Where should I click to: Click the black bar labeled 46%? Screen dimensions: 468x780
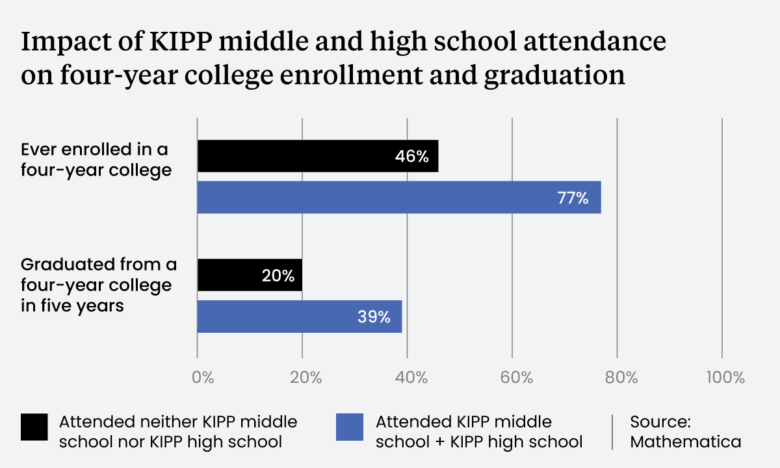click(317, 156)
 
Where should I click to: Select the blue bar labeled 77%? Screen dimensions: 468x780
click(398, 198)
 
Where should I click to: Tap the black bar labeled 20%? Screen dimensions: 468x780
click(250, 276)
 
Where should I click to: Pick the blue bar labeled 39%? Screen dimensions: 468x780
click(299, 317)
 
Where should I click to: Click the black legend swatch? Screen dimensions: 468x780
click(34, 427)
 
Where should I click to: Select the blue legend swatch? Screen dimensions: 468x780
click(350, 427)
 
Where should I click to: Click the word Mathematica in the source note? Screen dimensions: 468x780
click(686, 442)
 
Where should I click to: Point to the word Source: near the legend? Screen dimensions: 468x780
click(658, 421)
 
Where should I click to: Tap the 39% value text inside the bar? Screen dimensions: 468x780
click(374, 317)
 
